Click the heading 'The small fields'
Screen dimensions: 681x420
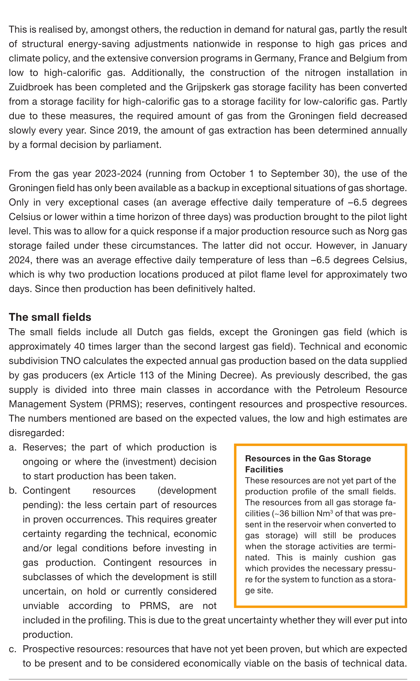[50, 317]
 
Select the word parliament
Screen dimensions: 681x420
[137, 145]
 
